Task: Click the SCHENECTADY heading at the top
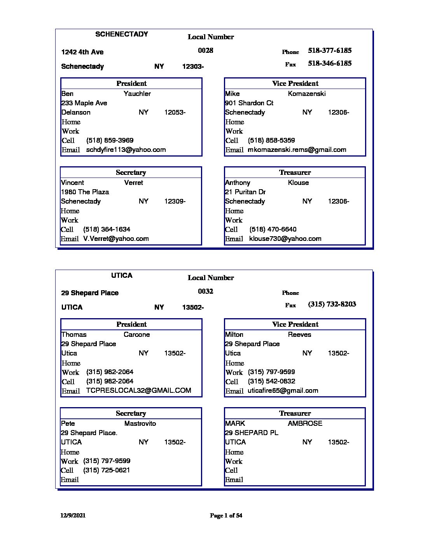122,34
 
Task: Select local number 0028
205,51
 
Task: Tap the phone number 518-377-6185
330,51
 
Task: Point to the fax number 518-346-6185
330,63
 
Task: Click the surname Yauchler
137,94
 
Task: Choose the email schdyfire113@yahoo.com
126,150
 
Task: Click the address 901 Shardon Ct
249,103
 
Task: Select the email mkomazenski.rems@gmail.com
297,150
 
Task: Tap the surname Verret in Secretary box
133,183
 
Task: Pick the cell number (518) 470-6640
273,230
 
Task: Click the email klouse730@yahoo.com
285,239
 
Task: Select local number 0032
205,291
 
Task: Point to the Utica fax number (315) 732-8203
332,304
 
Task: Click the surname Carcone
136,334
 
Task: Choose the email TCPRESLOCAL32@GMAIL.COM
138,391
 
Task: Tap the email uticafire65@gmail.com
283,391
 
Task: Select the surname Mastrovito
140,423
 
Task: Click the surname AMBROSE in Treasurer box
305,423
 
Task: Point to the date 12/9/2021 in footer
73,516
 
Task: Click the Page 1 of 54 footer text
226,516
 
